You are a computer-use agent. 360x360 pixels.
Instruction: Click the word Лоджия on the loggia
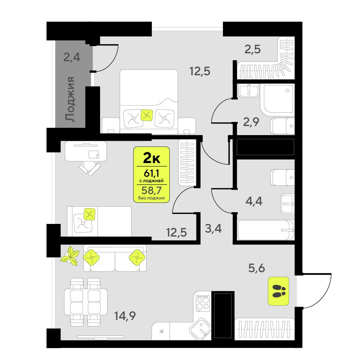click(x=70, y=99)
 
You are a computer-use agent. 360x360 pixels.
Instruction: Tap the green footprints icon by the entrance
click(x=279, y=291)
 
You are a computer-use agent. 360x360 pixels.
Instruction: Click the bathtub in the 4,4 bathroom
click(x=266, y=230)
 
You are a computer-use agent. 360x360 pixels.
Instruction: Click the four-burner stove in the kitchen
click(x=202, y=302)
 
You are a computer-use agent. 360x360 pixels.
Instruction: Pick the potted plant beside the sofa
click(x=71, y=256)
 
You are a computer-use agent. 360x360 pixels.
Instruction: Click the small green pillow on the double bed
click(x=147, y=115)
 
